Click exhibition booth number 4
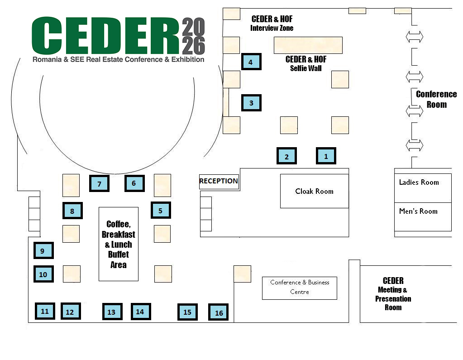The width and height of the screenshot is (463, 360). click(251, 62)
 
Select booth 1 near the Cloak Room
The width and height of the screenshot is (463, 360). click(326, 156)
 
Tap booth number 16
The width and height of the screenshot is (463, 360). click(219, 312)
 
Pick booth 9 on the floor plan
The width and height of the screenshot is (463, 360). click(43, 250)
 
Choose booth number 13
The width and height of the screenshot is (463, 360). click(111, 312)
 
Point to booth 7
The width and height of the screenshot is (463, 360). click(99, 183)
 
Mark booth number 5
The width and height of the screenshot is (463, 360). click(161, 210)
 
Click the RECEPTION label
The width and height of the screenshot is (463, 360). click(219, 181)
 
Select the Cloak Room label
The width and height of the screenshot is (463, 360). click(314, 191)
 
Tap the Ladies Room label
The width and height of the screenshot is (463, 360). click(419, 182)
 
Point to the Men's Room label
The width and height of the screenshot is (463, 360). click(418, 211)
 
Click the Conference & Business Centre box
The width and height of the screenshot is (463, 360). click(300, 288)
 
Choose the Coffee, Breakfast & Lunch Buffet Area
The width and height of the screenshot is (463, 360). click(119, 244)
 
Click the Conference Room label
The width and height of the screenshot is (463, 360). click(436, 99)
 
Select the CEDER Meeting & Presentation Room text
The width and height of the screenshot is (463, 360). click(393, 294)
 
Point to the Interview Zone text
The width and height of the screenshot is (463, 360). click(272, 28)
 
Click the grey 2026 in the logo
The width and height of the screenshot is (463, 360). click(193, 36)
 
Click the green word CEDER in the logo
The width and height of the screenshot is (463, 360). click(105, 36)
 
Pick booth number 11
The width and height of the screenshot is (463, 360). click(45, 311)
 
